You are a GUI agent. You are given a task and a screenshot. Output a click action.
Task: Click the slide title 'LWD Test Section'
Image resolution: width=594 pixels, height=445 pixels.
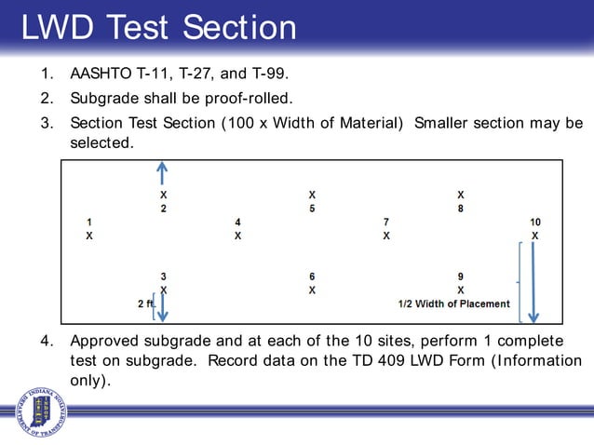(x=158, y=27)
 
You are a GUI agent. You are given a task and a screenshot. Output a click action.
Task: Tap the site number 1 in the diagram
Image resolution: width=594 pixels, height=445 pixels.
(x=89, y=222)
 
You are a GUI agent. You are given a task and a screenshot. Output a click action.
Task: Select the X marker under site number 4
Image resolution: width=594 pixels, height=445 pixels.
(x=237, y=236)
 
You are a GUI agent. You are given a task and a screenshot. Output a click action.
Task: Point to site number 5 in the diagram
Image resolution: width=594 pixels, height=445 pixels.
(x=312, y=209)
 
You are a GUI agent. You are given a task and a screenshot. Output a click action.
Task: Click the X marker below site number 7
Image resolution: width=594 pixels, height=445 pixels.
(x=386, y=236)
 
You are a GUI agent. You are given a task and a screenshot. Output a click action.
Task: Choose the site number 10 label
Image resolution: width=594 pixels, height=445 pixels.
(x=535, y=222)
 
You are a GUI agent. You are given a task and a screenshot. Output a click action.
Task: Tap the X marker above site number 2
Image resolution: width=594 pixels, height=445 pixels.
(x=163, y=196)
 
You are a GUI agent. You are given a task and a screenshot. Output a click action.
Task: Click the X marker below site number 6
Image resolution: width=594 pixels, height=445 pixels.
(x=312, y=290)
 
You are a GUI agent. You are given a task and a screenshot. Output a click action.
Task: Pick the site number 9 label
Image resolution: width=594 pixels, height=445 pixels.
(x=461, y=276)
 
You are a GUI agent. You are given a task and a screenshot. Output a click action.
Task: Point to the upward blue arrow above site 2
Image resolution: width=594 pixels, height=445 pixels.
(x=163, y=174)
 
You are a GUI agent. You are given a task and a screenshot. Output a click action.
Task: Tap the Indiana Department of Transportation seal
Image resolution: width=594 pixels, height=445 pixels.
(x=41, y=411)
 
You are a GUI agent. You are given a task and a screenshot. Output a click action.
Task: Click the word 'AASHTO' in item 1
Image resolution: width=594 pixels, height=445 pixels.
(x=100, y=73)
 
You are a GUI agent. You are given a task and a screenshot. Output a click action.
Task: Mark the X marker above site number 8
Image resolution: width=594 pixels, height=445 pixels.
(x=461, y=196)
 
